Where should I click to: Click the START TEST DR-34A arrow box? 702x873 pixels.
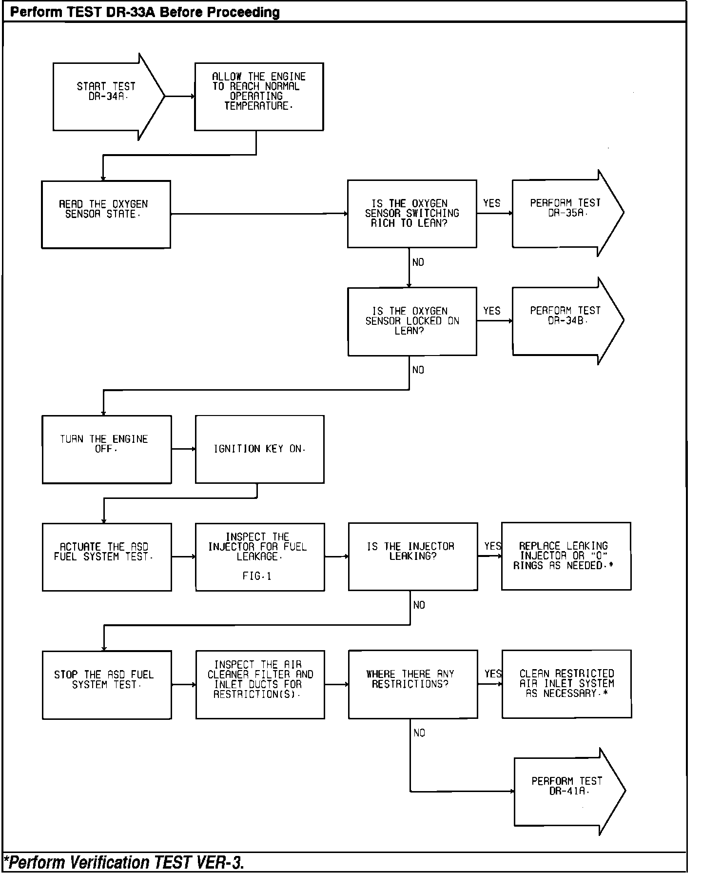pos(105,97)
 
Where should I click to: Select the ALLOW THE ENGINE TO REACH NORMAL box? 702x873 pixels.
pos(259,97)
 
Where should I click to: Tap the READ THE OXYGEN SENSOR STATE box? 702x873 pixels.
pos(106,214)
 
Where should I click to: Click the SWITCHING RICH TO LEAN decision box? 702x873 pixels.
pos(412,214)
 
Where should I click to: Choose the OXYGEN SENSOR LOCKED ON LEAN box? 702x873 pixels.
pos(412,321)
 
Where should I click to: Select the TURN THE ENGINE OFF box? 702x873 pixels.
pos(107,449)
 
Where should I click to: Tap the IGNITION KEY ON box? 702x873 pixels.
pos(259,449)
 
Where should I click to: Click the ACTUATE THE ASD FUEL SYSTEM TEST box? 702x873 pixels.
pos(107,557)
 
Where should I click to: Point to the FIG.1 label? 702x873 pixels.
pos(257,576)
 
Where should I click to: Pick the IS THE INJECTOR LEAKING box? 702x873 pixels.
pos(412,556)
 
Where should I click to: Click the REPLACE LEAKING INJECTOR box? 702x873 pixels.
pos(565,556)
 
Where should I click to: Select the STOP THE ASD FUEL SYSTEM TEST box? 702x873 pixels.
pos(107,684)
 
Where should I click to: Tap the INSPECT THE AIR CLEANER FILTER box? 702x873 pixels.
pos(260,684)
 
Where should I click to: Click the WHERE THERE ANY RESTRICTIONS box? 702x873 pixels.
pos(412,684)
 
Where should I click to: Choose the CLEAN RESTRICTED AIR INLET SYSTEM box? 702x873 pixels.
pos(566,684)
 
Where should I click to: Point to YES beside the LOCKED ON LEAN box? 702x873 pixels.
pos(492,311)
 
